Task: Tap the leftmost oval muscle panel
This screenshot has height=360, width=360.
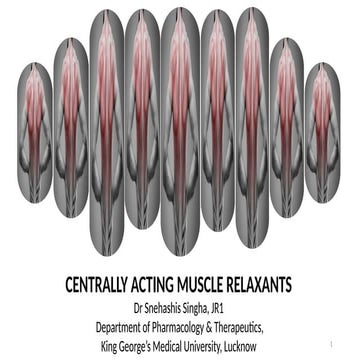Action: [34, 130]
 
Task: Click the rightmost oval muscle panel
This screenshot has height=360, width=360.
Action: [322, 130]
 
